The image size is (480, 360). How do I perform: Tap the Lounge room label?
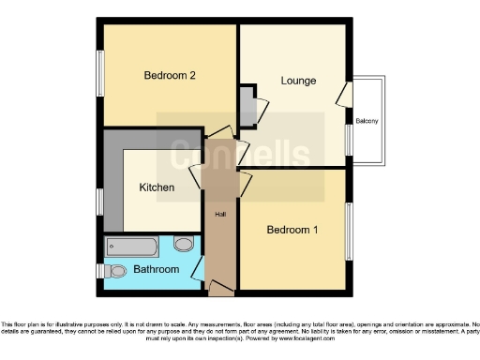[298, 81]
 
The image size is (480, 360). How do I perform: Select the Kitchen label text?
[157, 187]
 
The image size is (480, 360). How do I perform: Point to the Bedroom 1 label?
[292, 231]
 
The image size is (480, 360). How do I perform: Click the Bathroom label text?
[156, 270]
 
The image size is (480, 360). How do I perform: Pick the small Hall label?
[220, 215]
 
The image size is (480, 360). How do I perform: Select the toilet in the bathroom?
[116, 271]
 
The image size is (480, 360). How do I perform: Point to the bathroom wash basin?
[184, 244]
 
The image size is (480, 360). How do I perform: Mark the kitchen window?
[99, 202]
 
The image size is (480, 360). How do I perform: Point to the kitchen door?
[196, 177]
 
